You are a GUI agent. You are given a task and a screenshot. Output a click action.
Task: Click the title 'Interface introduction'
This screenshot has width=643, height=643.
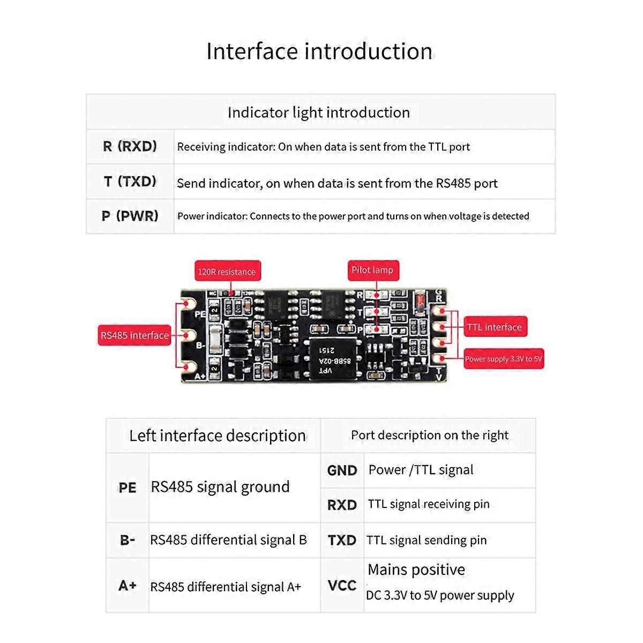tap(319, 51)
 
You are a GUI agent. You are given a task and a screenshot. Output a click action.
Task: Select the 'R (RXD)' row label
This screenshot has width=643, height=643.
tap(130, 146)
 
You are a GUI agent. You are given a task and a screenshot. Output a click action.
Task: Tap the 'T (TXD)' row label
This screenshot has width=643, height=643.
tap(130, 181)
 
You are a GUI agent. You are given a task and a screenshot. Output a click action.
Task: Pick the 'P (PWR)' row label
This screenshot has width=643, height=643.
tap(130, 216)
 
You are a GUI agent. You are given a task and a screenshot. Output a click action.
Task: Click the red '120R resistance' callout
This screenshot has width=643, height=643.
tap(227, 272)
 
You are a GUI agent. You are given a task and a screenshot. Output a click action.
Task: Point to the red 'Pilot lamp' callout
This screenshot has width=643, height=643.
tap(372, 270)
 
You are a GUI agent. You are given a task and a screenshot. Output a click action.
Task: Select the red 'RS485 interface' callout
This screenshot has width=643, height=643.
tap(134, 335)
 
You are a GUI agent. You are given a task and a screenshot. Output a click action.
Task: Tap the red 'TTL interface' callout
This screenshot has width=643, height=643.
tap(494, 327)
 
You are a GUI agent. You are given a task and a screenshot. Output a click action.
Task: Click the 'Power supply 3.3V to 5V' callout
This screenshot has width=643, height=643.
tap(503, 359)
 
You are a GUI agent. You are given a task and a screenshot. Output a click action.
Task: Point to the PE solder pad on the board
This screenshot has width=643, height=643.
tap(188, 304)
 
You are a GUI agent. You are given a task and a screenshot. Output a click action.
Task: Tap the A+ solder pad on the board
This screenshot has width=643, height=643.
tap(188, 368)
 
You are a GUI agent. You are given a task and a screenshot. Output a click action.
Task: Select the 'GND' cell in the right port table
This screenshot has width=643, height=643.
tap(342, 470)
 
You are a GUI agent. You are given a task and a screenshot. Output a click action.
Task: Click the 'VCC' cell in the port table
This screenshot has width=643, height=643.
tap(342, 585)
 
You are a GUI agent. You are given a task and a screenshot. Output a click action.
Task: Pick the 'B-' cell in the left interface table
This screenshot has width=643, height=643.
tap(128, 540)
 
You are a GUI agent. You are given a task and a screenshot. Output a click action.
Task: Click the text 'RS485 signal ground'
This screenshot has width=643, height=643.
tap(220, 487)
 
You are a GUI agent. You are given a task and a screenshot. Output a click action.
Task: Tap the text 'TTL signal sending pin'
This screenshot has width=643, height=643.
tap(427, 540)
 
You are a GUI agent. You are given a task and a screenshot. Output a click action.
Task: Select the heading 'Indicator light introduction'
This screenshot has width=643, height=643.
tap(319, 113)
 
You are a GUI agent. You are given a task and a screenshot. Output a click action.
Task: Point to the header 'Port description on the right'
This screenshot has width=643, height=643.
tap(429, 435)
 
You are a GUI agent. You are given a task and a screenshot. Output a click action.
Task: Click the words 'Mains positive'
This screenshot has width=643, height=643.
tap(416, 570)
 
